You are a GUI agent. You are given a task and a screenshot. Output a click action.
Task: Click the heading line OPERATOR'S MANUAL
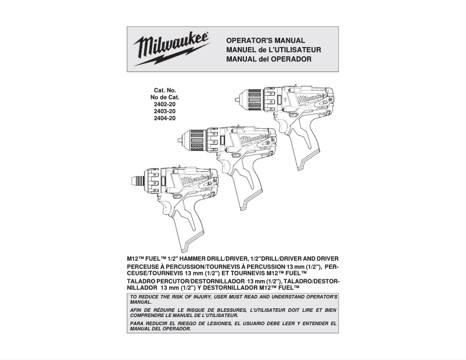(265, 41)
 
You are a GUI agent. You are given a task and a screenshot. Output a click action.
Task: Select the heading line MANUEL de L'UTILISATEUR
(273, 50)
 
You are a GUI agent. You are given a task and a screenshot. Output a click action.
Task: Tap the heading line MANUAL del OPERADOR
(268, 59)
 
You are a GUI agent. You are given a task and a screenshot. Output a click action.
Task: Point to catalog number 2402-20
(165, 105)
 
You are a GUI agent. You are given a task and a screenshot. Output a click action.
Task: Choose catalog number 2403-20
(165, 111)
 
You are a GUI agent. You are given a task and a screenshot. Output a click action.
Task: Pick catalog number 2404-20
(165, 118)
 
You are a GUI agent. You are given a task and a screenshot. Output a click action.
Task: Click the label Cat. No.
(165, 91)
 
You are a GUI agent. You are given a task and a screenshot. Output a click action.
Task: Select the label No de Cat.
(165, 98)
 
